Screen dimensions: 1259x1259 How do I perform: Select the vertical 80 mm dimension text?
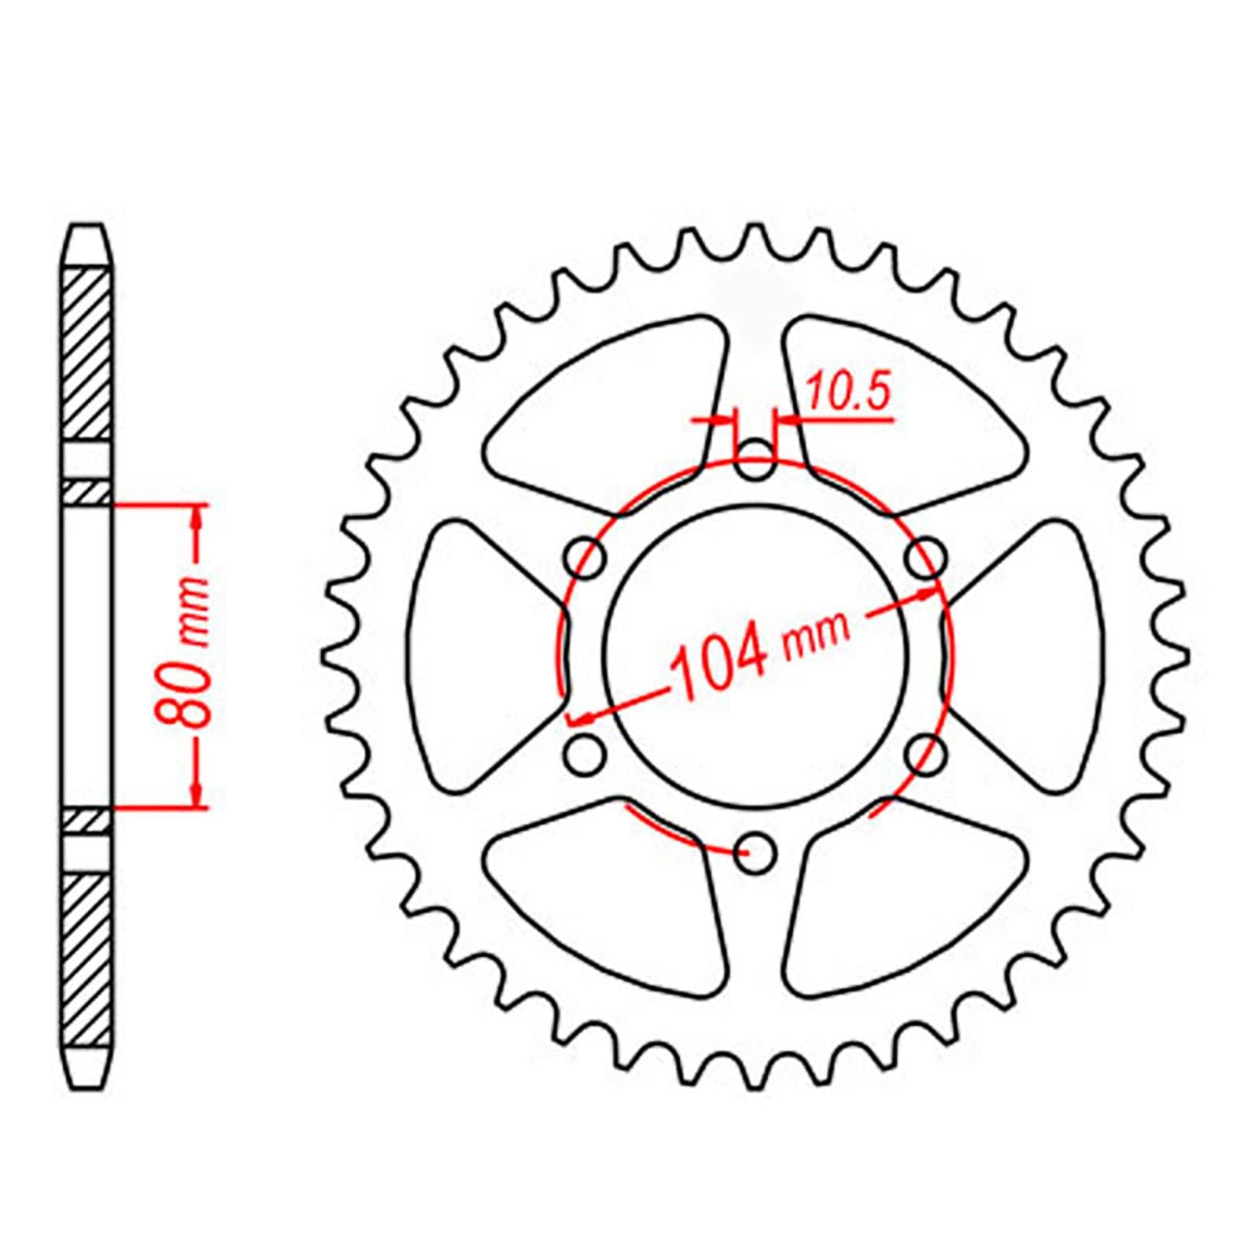click(x=184, y=652)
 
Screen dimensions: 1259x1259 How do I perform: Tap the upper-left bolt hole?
click(x=586, y=559)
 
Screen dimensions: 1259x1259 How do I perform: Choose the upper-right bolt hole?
click(x=925, y=559)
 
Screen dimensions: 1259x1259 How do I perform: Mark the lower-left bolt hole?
click(x=586, y=755)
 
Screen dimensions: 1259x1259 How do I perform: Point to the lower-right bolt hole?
click(x=925, y=755)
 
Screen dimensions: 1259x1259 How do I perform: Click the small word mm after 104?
click(x=817, y=638)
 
